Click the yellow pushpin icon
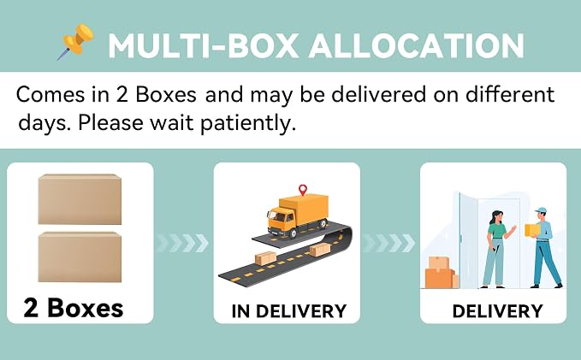(x=76, y=42)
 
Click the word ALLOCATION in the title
(x=417, y=46)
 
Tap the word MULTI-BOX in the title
(x=204, y=46)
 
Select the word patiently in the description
(x=248, y=123)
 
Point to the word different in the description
(x=510, y=94)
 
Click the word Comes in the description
(x=50, y=94)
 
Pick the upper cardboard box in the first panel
(x=80, y=199)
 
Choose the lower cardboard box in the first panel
(x=80, y=257)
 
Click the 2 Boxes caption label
(x=74, y=308)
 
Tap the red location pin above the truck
(x=303, y=190)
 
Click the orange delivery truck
(x=298, y=215)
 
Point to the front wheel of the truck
(x=293, y=233)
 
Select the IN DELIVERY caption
(x=289, y=311)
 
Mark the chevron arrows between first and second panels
(x=182, y=243)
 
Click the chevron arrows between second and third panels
(x=388, y=243)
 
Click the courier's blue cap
(x=541, y=210)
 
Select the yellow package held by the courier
(x=532, y=230)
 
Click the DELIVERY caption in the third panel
(x=498, y=311)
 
